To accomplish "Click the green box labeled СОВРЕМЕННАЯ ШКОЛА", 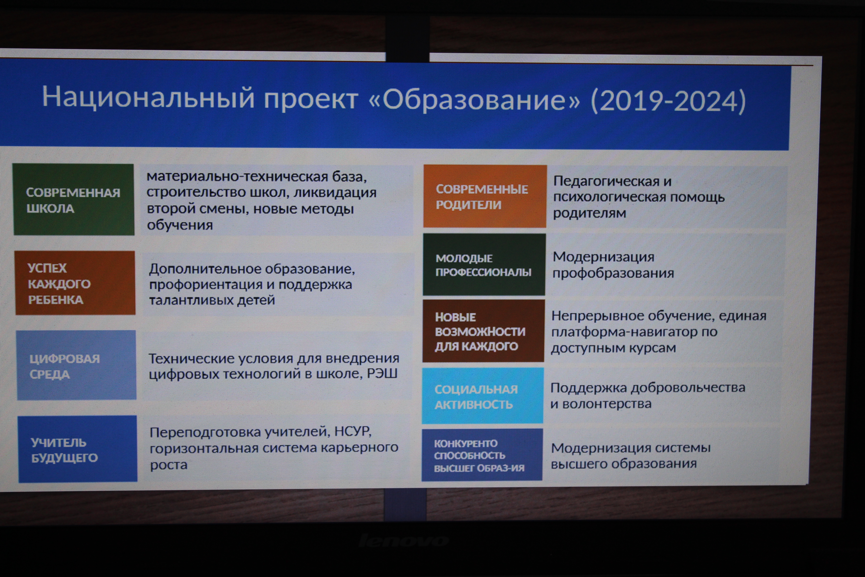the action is coord(74,200).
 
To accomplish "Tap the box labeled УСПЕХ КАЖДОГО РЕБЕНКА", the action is coord(75,283).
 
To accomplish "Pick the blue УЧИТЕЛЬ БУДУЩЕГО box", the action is coord(78,449).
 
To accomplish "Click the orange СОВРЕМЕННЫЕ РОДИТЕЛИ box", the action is coord(485,196).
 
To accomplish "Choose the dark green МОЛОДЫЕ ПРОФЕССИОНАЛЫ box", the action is coord(484,265).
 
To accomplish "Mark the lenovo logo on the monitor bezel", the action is coord(403,541).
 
